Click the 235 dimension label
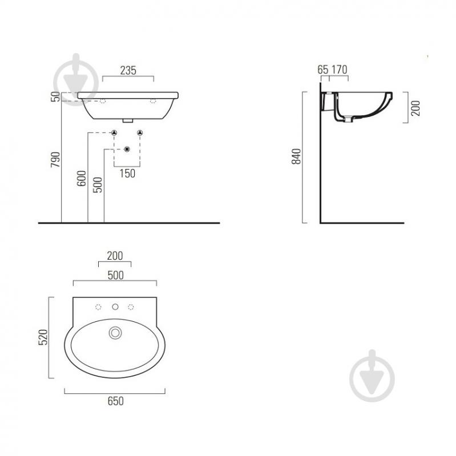point(128,70)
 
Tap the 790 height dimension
point(55,159)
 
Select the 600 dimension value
point(82,178)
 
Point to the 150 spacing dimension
point(127,173)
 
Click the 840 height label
point(296,156)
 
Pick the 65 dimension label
point(323,70)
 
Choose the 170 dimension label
point(340,70)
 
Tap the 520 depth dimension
point(43,337)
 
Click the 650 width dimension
point(115,401)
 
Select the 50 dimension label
point(55,96)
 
